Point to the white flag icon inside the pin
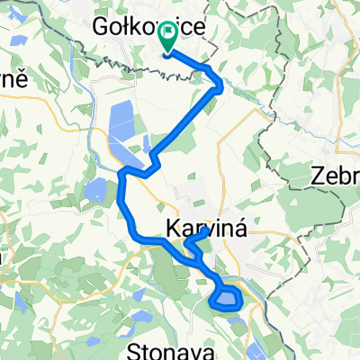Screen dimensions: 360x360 click(167, 35)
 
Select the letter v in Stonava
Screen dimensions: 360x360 click(185, 347)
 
